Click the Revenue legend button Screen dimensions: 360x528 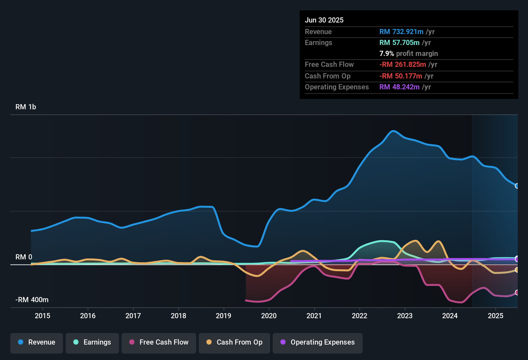37,342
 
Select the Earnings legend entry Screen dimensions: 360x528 92,342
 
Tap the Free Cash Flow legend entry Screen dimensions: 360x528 159,342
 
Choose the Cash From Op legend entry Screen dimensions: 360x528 234,342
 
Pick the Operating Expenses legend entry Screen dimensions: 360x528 318,342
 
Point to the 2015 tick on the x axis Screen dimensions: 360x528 42,316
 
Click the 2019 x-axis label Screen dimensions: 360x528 223,316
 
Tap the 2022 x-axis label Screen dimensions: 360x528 360,316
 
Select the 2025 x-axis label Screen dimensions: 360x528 496,316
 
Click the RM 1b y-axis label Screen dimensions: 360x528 26,107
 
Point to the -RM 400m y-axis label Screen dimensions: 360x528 32,300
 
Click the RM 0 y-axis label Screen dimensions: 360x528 24,257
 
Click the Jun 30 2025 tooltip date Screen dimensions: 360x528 324,20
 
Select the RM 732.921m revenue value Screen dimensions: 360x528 401,32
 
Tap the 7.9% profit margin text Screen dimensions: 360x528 408,53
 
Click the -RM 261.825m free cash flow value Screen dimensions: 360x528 402,64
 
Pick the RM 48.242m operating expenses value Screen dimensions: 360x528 399,87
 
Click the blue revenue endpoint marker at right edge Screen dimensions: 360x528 517,186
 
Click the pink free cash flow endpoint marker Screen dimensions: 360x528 517,292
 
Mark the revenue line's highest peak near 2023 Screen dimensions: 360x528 393,131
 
